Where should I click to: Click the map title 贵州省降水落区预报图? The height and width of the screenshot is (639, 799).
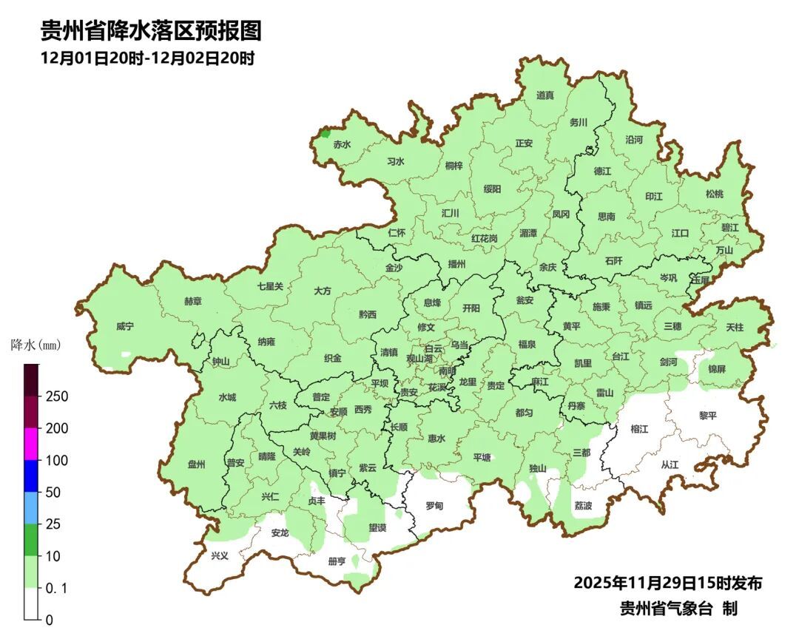pyautogui.click(x=151, y=31)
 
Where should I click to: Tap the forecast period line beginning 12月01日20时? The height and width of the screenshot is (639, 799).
pyautogui.click(x=147, y=58)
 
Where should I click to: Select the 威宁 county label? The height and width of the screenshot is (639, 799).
pyautogui.click(x=125, y=327)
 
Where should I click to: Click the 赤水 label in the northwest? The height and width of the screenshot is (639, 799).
pyautogui.click(x=342, y=145)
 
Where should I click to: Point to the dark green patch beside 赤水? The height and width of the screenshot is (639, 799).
pyautogui.click(x=324, y=134)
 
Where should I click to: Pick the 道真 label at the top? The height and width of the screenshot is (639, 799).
pyautogui.click(x=545, y=95)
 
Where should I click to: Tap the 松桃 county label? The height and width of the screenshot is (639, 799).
pyautogui.click(x=714, y=195)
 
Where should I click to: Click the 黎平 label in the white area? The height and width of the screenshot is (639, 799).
pyautogui.click(x=708, y=416)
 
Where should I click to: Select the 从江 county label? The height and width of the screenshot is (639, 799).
pyautogui.click(x=670, y=465)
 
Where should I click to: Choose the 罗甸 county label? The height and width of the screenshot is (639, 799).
pyautogui.click(x=434, y=507)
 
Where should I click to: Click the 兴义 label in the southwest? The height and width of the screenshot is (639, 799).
pyautogui.click(x=220, y=555)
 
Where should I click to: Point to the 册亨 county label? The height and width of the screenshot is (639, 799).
pyautogui.click(x=336, y=562)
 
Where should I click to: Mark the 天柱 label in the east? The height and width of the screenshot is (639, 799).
pyautogui.click(x=735, y=327)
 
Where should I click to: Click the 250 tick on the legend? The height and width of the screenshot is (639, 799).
pyautogui.click(x=57, y=396)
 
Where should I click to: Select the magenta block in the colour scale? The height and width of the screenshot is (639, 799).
pyautogui.click(x=31, y=444)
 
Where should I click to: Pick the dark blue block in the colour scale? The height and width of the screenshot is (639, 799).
pyautogui.click(x=31, y=476)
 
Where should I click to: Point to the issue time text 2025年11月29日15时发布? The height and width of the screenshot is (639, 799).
pyautogui.click(x=667, y=584)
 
